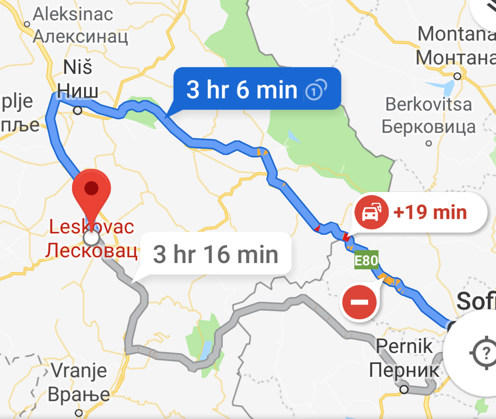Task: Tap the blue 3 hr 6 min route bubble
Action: coord(257,89)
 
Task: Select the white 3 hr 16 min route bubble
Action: coord(216,254)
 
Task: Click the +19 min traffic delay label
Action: coord(430,213)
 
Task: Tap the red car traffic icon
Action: coord(371,213)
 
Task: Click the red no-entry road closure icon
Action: coord(359,302)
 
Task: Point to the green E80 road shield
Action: coord(366,260)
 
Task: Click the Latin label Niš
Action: coord(77,67)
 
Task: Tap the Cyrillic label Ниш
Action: coord(78,91)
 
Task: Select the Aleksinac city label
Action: coord(73,14)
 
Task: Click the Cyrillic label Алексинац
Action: coord(80,36)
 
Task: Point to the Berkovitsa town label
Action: coord(428,104)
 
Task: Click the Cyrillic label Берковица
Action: coord(428,127)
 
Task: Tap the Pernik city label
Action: coord(404,346)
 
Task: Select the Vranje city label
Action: coord(79,370)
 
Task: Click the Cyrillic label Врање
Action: coord(79,394)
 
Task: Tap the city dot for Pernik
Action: coord(404,389)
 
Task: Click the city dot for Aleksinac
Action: coord(27,24)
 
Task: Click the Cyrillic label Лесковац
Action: coord(91,251)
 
